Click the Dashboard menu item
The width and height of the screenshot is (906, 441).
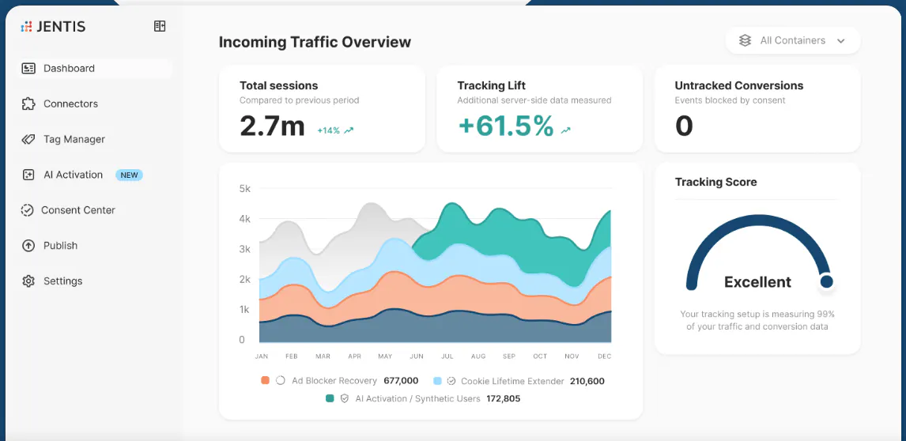coord(96,68)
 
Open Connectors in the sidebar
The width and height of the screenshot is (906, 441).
coord(60,104)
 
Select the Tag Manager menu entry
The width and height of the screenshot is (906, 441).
coord(63,139)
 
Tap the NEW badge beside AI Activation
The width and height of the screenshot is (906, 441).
coord(129,175)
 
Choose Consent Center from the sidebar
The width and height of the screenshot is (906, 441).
coord(68,210)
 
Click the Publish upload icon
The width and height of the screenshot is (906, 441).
coord(28,246)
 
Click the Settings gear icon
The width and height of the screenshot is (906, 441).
coord(28,281)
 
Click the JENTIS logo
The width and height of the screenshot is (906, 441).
coord(53,26)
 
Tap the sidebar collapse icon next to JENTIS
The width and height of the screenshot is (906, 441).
coord(160,26)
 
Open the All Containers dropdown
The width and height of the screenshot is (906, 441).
coord(793,40)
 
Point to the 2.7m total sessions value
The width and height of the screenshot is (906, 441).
coord(272,126)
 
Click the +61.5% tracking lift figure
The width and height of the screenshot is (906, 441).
coord(506,126)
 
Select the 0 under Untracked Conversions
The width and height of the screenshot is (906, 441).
coord(684,126)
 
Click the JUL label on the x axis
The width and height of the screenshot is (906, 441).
coord(447,356)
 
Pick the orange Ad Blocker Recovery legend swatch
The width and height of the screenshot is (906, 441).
coord(265,381)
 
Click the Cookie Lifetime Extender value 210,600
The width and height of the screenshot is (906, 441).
coord(587,382)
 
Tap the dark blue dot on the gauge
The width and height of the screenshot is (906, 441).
coord(827,281)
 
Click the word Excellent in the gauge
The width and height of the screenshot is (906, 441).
coord(757,282)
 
